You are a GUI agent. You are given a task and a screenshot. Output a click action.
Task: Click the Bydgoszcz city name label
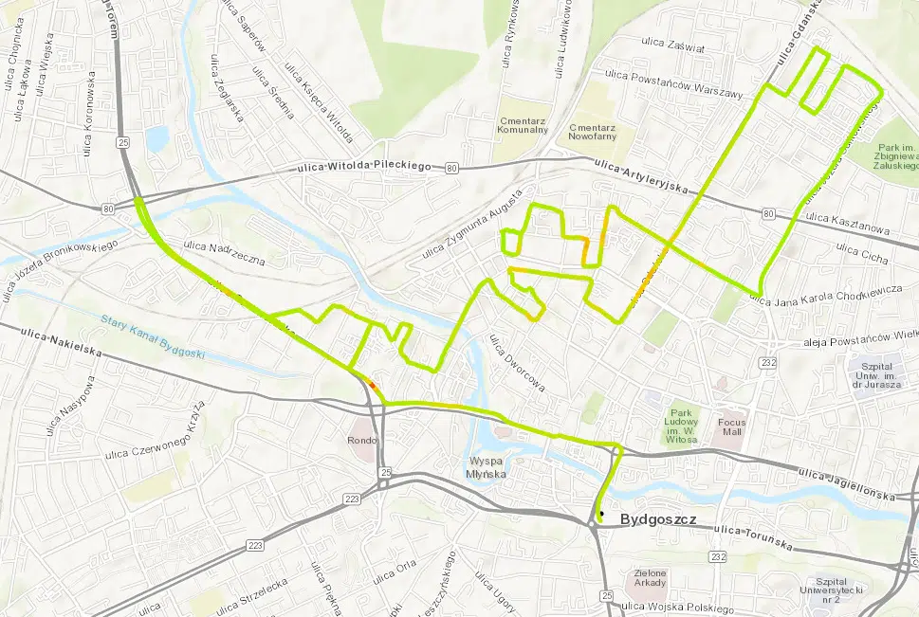657,520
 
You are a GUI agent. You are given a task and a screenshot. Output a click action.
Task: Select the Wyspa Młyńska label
487,468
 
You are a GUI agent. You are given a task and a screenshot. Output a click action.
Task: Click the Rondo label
361,440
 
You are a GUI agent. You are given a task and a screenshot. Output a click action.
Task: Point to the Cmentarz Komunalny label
523,124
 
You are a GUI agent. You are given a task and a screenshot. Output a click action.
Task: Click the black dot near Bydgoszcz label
601,513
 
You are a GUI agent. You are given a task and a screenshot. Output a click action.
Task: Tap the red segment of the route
373,386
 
